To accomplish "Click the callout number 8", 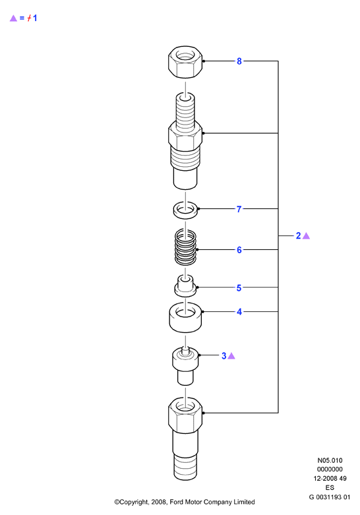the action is click(239, 61).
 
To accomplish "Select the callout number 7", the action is click(239, 209).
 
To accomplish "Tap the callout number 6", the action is click(239, 250).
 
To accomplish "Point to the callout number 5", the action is click(239, 288).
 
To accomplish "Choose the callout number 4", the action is click(239, 312).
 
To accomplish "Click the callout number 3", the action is click(224, 355).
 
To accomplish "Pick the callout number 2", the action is click(298, 236).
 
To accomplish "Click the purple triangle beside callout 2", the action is click(306, 236).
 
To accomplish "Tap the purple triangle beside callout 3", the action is click(231, 355).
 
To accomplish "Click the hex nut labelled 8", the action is click(185, 62).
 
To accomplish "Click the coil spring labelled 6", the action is click(185, 247).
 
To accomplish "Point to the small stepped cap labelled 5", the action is click(185, 285).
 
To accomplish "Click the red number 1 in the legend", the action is click(35, 18).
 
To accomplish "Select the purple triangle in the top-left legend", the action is click(13, 18).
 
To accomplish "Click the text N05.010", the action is click(330, 460).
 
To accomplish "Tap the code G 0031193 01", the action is click(330, 497).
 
